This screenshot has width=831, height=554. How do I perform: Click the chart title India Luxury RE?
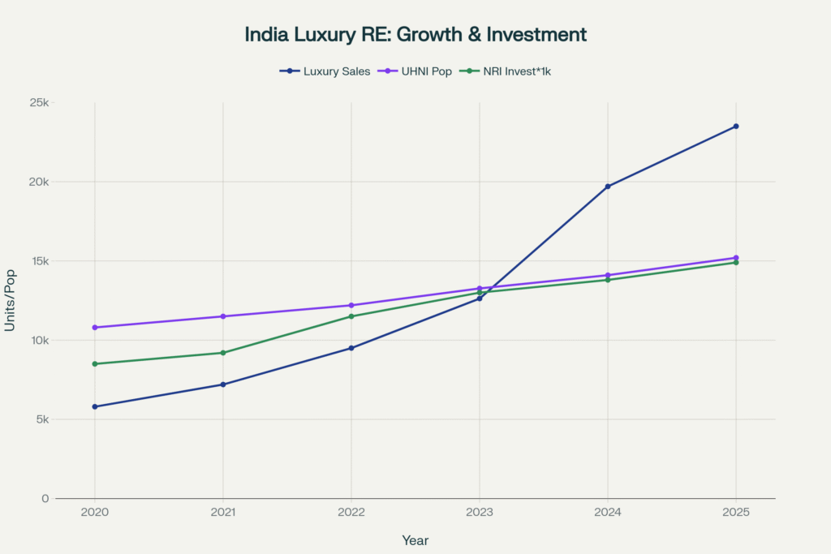tap(415, 35)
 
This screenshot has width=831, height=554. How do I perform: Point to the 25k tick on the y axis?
tap(38, 103)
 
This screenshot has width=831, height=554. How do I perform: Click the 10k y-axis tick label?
tap(38, 341)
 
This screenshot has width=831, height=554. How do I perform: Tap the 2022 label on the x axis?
tap(351, 513)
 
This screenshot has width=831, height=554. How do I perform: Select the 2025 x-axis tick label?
tap(736, 513)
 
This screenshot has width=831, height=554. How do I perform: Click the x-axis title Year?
tap(415, 540)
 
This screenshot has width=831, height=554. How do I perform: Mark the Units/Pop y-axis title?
tap(11, 300)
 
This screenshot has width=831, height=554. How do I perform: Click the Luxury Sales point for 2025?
tap(736, 127)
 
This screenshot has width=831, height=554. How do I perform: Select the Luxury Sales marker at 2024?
tap(608, 187)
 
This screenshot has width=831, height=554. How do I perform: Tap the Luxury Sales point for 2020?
tap(95, 406)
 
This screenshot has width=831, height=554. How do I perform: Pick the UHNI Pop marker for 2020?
tap(95, 328)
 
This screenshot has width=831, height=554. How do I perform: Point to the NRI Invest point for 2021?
tap(223, 353)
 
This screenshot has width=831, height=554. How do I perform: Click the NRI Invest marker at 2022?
tap(351, 316)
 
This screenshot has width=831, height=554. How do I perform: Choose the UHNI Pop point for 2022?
tap(351, 305)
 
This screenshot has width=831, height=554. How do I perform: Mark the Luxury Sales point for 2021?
tap(223, 384)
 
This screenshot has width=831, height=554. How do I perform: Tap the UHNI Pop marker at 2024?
tap(608, 275)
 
